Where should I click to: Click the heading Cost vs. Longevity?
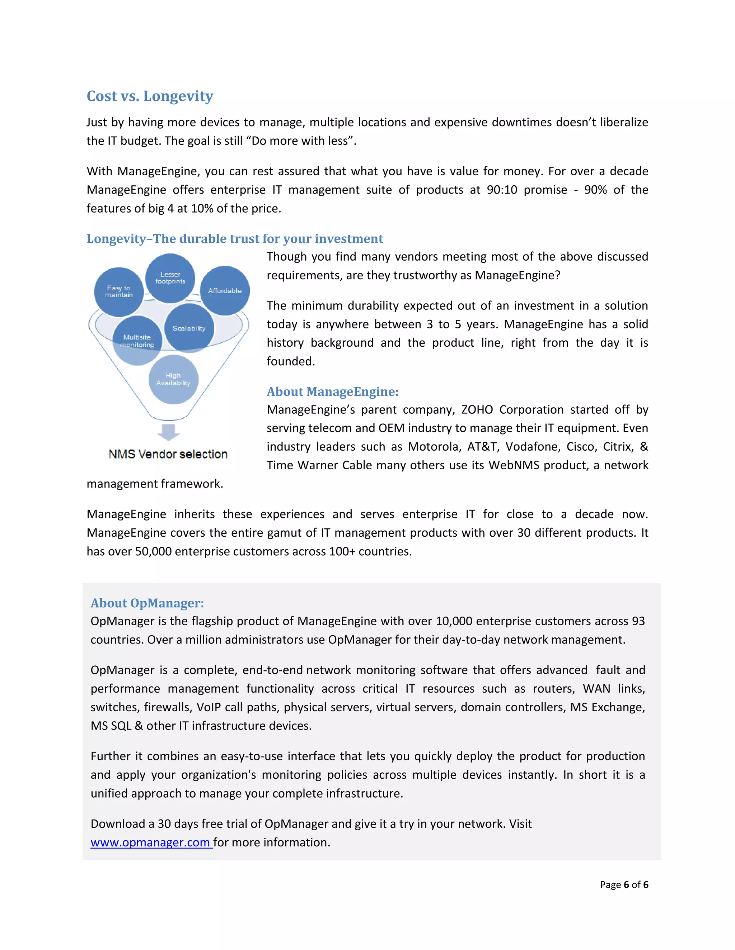(150, 96)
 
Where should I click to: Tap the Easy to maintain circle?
(119, 291)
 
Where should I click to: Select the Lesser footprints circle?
(170, 278)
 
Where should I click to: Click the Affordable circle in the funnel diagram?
(225, 291)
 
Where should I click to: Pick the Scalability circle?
(189, 328)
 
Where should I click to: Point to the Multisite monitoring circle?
(137, 341)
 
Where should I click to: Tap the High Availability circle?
(173, 379)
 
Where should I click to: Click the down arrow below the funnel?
(169, 432)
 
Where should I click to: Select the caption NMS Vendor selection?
(168, 454)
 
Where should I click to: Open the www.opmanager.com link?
(151, 842)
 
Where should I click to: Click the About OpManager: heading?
(147, 603)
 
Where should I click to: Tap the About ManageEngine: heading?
(332, 391)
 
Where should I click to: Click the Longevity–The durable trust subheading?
(235, 238)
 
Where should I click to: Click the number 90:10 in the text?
(502, 190)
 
